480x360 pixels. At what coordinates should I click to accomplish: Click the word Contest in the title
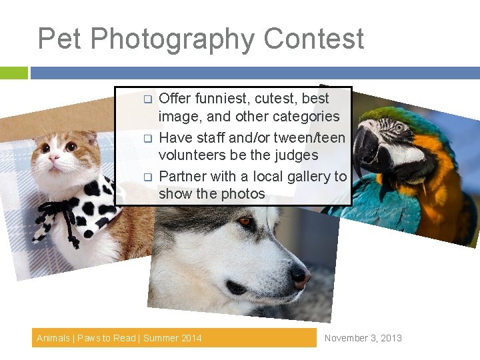pos(313,39)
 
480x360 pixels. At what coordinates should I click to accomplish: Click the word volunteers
pos(193,155)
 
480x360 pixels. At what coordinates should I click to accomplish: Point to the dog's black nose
pos(299,277)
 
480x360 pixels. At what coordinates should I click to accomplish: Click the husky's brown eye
pos(246,221)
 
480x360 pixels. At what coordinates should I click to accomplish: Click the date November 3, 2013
pos(363,338)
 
